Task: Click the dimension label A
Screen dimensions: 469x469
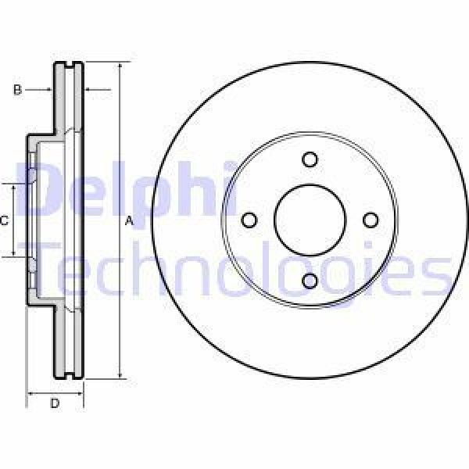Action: point(129,222)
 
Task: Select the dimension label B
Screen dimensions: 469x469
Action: point(16,91)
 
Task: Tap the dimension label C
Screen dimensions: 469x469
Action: point(4,221)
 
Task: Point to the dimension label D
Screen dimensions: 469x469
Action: point(55,403)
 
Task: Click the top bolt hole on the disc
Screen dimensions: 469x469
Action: point(310,159)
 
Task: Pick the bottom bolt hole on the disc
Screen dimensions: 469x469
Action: point(310,281)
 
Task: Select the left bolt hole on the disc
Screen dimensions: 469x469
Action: point(249,220)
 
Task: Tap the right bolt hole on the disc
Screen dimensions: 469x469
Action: point(371,220)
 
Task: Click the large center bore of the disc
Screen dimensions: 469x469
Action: point(310,220)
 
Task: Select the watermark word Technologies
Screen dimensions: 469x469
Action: point(242,270)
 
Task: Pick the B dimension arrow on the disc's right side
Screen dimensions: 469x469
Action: point(88,91)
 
